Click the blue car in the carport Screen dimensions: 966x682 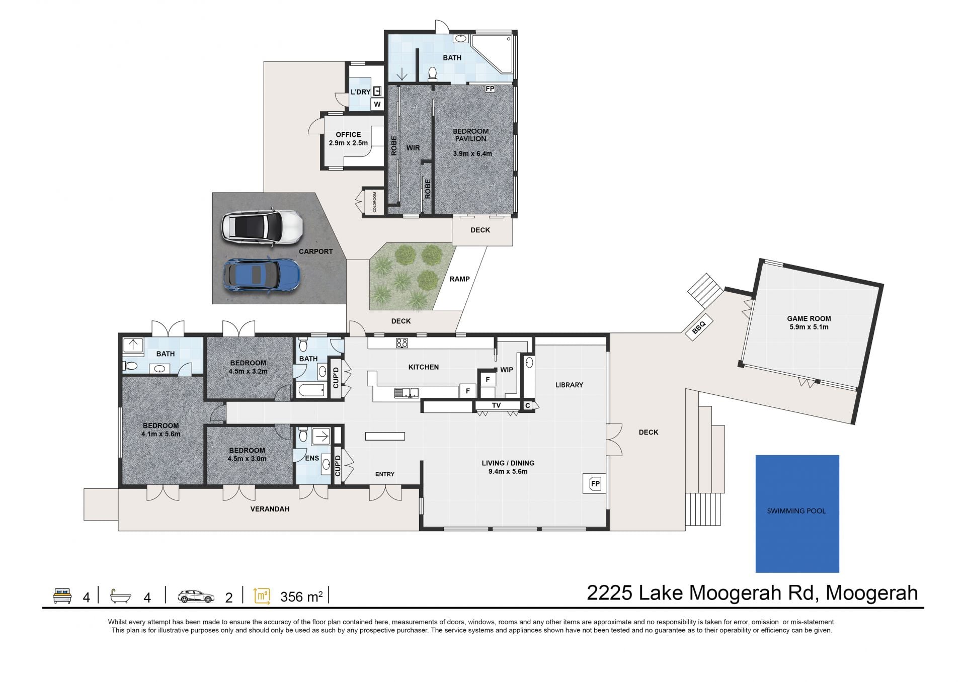(262, 275)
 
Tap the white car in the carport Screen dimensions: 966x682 (262, 227)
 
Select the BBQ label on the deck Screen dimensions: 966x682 (699, 327)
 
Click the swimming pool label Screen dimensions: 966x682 (796, 511)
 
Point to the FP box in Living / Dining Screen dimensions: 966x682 (595, 484)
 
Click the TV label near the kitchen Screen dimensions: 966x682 (496, 405)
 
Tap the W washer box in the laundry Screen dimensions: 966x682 (377, 104)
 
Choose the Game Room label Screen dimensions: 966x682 (809, 322)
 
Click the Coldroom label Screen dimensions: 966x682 (375, 202)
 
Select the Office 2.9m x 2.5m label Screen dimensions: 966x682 (348, 139)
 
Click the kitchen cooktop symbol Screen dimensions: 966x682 (401, 343)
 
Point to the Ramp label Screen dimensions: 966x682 (459, 279)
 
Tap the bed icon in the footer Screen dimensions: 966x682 (62, 596)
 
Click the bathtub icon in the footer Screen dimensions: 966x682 (121, 596)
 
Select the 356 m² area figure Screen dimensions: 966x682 (301, 596)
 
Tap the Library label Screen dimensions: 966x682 (569, 385)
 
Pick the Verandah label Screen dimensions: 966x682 (270, 509)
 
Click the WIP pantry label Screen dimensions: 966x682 (506, 370)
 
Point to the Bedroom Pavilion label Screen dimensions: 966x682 (470, 135)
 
